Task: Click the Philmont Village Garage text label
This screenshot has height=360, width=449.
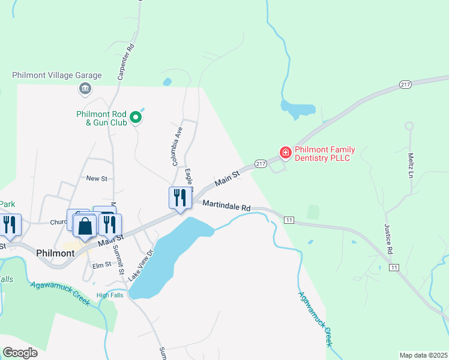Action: [57, 76]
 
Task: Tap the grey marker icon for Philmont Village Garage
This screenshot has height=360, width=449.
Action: [85, 89]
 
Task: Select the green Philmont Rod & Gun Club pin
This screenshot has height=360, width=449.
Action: [136, 117]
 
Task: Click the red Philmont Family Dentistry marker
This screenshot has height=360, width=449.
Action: [285, 153]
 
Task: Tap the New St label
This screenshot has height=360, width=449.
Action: [96, 178]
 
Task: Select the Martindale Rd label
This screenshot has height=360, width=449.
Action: [226, 205]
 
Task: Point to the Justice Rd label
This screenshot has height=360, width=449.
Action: [389, 238]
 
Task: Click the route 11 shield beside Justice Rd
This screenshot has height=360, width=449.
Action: [394, 266]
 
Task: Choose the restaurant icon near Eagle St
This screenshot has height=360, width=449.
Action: [180, 198]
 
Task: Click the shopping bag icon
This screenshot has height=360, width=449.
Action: [85, 226]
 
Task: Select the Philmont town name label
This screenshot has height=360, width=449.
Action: [55, 253]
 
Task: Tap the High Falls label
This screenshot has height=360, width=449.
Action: [110, 295]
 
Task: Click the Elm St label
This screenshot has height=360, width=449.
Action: [101, 265]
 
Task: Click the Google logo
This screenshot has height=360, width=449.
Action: [20, 353]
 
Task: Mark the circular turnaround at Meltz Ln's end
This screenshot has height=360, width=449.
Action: [409, 126]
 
